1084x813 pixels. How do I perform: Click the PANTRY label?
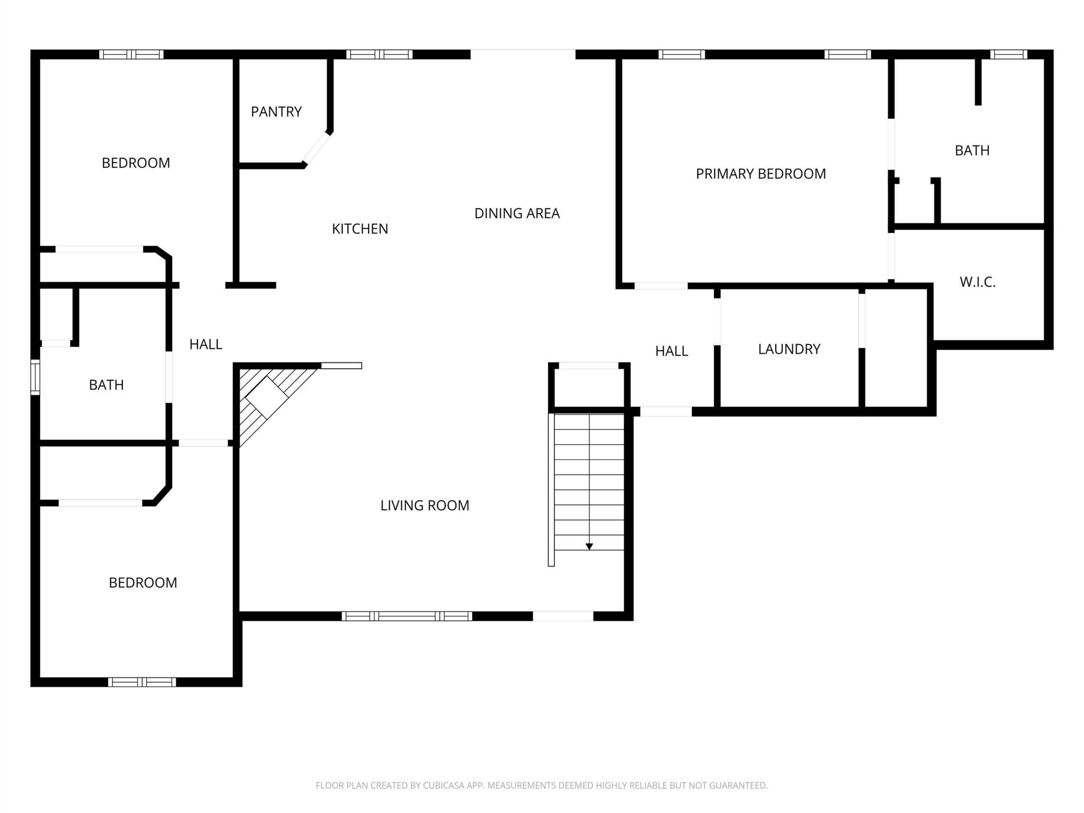(x=276, y=112)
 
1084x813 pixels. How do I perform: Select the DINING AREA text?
(x=517, y=213)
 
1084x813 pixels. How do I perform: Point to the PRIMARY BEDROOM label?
(x=760, y=174)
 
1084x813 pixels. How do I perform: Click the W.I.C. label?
(x=977, y=282)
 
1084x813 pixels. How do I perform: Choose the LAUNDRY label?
(x=789, y=349)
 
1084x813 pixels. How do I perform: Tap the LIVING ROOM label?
(x=424, y=505)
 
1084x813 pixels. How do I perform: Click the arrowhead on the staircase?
(x=589, y=546)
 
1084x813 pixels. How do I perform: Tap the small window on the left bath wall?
(x=35, y=377)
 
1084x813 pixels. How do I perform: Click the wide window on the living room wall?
(x=407, y=616)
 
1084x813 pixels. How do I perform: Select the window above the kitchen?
(x=379, y=54)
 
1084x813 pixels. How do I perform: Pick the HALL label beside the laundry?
(x=672, y=351)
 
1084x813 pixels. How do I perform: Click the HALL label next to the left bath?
(x=205, y=345)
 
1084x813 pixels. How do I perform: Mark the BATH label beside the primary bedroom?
(x=972, y=150)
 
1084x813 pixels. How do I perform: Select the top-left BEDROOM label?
(x=136, y=163)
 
